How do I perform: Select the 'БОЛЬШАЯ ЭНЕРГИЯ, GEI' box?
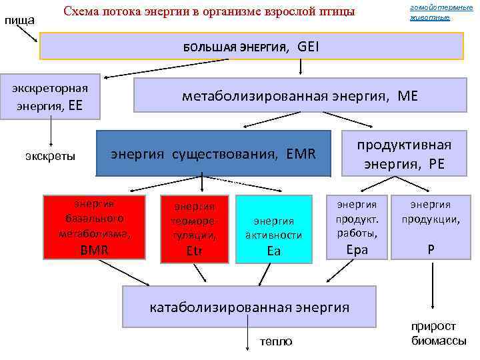(251, 47)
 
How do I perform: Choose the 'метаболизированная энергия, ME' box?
(299, 96)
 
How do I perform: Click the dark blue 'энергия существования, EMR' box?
(213, 154)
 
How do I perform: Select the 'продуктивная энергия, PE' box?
(403, 155)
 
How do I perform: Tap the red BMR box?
(93, 226)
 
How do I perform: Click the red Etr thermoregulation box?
(194, 228)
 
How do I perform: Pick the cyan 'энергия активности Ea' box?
(273, 228)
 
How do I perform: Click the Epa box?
(357, 227)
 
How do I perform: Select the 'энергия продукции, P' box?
(431, 227)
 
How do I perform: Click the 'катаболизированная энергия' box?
(249, 307)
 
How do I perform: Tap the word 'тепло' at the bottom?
(276, 341)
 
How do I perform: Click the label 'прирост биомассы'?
(433, 333)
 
